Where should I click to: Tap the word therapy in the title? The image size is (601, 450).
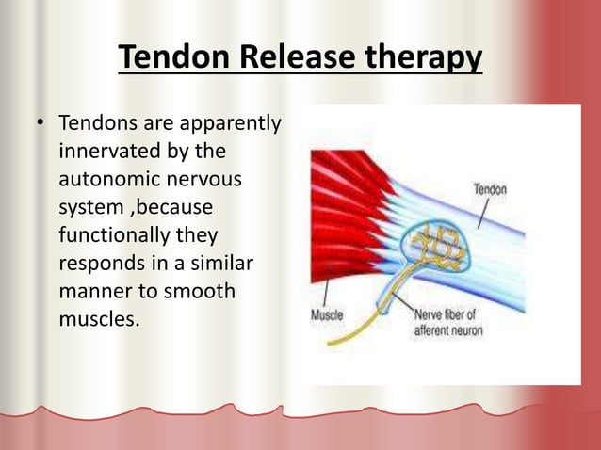(423, 59)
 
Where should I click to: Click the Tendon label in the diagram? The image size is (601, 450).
(489, 189)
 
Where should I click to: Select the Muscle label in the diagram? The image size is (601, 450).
(327, 314)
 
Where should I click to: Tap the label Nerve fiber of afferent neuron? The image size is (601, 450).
(447, 321)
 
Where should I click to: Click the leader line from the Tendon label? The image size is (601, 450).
(481, 212)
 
